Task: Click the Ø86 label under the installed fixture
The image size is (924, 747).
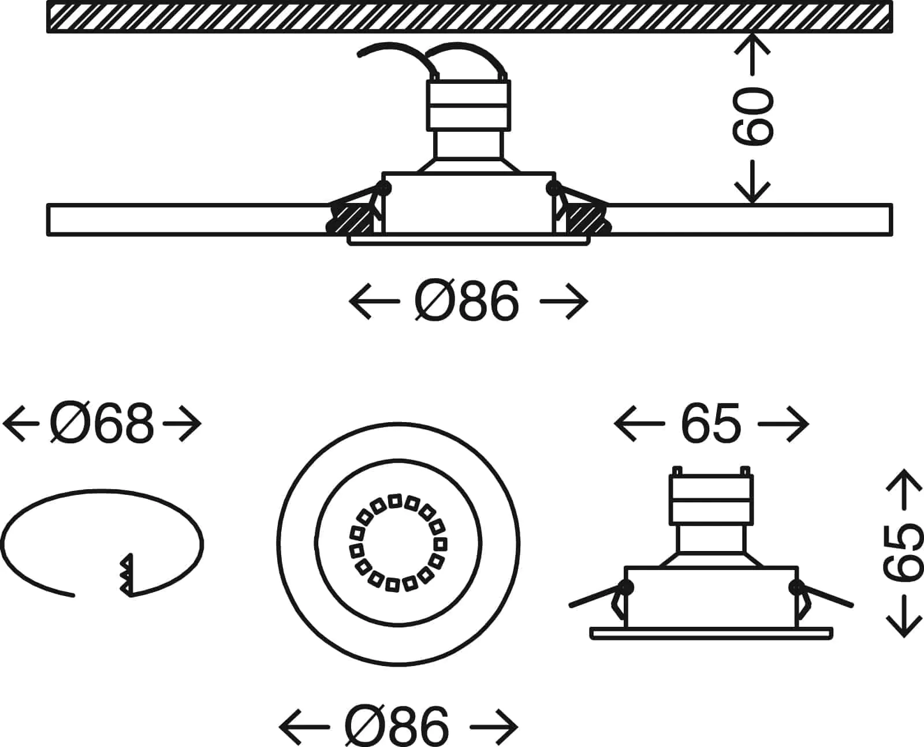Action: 467,302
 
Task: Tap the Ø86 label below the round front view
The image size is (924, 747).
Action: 397,724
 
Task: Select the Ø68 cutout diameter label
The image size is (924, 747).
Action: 102,424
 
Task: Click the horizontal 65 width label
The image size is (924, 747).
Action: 710,424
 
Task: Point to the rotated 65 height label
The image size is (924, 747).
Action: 902,553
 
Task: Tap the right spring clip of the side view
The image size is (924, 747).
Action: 823,598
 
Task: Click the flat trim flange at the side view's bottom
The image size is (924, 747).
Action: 711,633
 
